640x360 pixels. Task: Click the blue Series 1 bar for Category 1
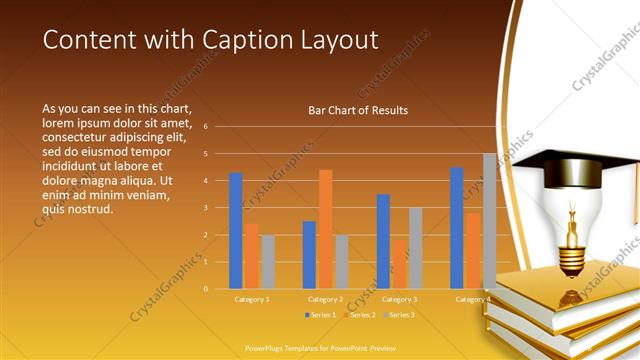(236, 231)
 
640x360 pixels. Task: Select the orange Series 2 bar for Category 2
(325, 229)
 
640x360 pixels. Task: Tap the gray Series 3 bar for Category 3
(415, 248)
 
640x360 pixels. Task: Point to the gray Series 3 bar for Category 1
(267, 262)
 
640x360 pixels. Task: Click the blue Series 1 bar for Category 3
(383, 241)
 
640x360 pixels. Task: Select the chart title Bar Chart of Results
(358, 110)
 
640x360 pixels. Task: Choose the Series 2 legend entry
(358, 315)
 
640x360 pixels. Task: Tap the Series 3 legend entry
(398, 315)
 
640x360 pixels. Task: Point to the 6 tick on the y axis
(205, 127)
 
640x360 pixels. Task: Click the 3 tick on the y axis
(205, 208)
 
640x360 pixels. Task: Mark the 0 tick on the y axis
(205, 289)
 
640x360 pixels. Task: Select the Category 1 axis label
(252, 299)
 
